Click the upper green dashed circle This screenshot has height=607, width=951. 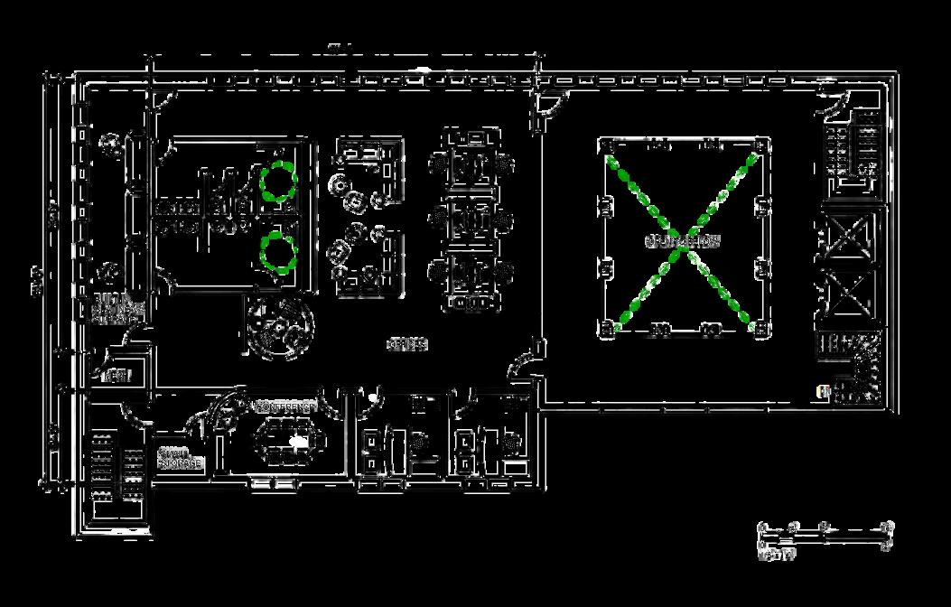[278, 182]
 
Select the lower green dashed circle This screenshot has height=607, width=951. [278, 252]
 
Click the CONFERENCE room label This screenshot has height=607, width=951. [285, 407]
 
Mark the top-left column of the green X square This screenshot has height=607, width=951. [607, 145]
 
